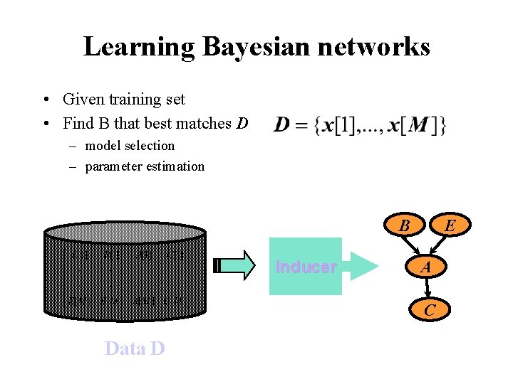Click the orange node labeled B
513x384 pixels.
(x=403, y=226)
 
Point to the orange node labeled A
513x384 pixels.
(x=425, y=267)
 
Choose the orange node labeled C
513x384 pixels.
(x=429, y=310)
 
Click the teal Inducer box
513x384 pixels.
(x=306, y=267)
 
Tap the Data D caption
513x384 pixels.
(x=135, y=348)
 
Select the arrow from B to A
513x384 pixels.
(x=413, y=246)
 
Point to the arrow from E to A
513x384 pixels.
(x=438, y=246)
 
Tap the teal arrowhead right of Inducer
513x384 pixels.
(x=361, y=267)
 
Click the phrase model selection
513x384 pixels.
(x=130, y=146)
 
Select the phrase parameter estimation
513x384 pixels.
(x=145, y=166)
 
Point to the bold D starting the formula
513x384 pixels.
(x=282, y=126)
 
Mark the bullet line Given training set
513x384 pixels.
(x=123, y=100)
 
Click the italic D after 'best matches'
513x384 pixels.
(x=242, y=124)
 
